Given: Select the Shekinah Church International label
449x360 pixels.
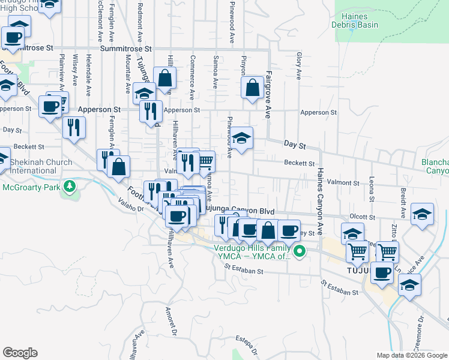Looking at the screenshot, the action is click(37, 166).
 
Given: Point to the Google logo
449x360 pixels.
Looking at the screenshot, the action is click(20, 353).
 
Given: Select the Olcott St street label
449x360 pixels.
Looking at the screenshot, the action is click(363, 217).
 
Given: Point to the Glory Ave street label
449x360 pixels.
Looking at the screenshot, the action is click(298, 65).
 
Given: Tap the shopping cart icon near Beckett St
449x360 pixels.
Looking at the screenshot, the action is click(205, 160).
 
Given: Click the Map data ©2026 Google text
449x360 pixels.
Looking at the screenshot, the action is click(411, 355).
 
